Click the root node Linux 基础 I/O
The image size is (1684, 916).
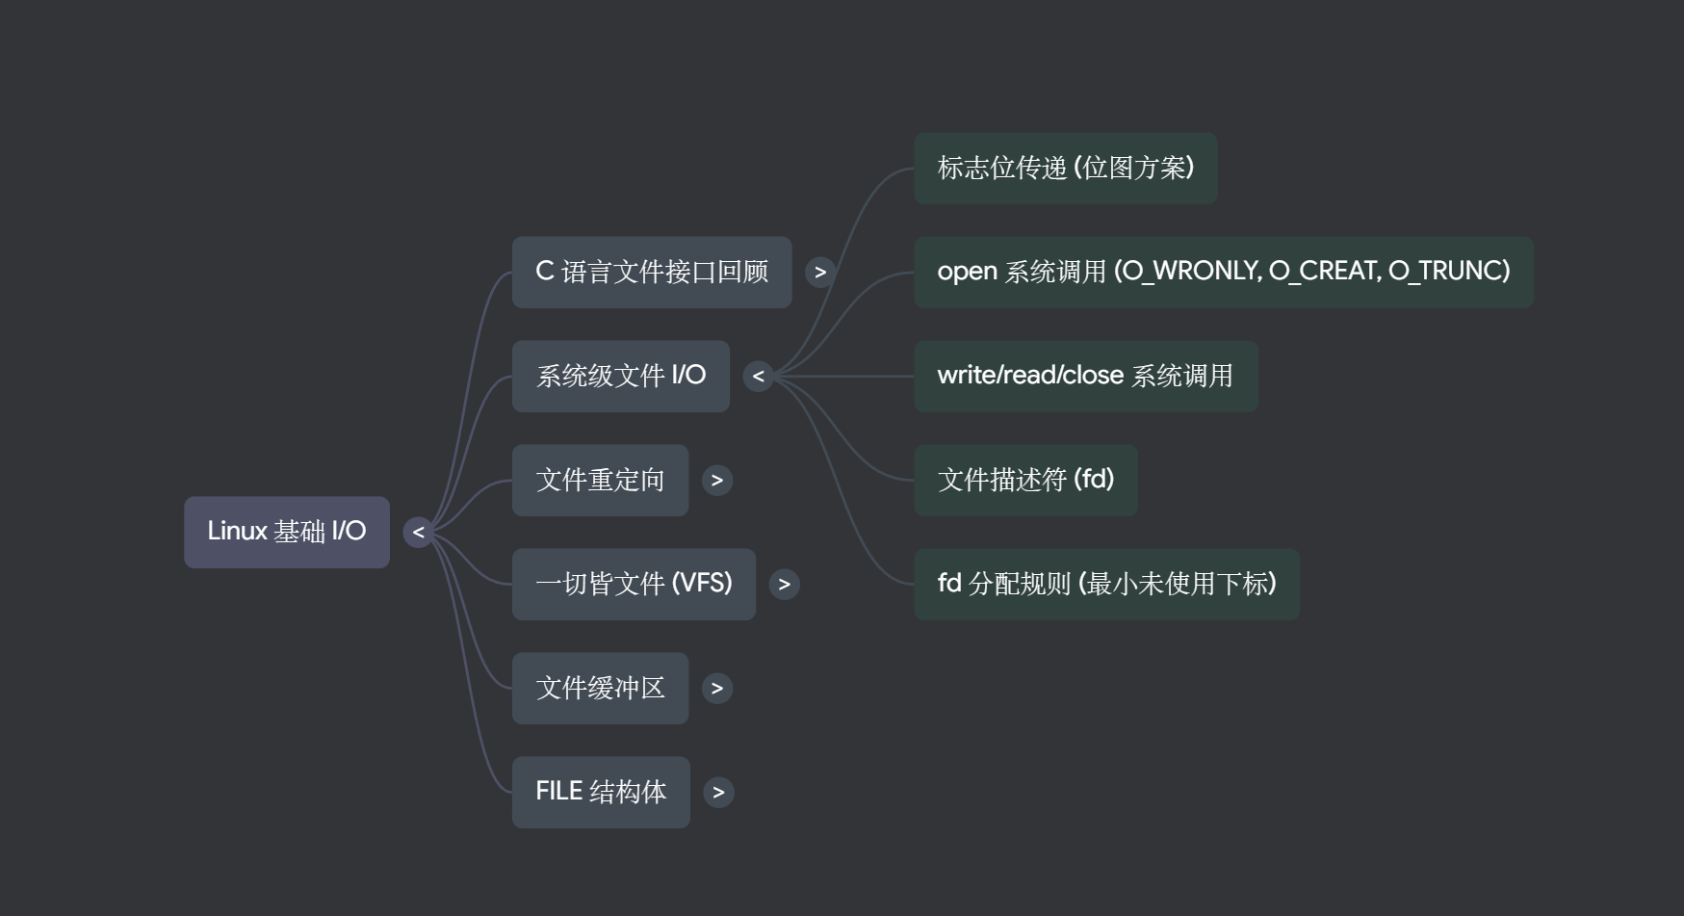(286, 532)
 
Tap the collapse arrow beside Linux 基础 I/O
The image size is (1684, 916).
(418, 532)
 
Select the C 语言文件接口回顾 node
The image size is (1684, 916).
(651, 273)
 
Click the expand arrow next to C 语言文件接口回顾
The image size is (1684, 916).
(820, 273)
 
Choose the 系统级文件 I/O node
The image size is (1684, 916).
(620, 376)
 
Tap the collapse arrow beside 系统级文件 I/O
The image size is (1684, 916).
(759, 376)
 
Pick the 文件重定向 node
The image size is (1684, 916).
(600, 480)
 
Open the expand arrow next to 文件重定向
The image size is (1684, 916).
(717, 480)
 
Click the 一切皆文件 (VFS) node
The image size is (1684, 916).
(634, 584)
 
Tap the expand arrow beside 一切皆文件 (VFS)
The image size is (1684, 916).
(785, 584)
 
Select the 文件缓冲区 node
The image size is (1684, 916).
(600, 688)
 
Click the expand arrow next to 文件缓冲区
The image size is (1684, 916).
(717, 688)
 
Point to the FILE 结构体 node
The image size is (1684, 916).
(601, 792)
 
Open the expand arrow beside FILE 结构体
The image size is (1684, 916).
(718, 792)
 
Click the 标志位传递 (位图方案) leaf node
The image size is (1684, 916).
(1065, 169)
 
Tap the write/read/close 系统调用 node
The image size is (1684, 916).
(1085, 376)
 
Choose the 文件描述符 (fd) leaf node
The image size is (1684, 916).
(1025, 480)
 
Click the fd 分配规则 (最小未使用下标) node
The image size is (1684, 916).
(1106, 584)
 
